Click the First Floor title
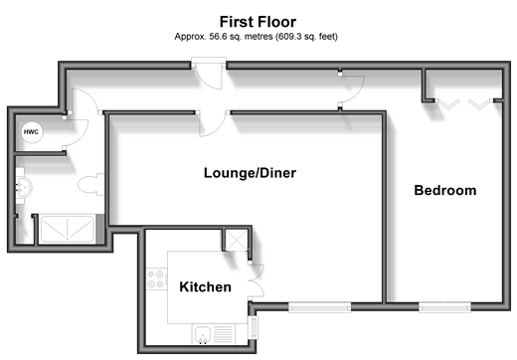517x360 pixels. click(258, 22)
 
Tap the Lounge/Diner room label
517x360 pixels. click(250, 173)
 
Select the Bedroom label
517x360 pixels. click(445, 190)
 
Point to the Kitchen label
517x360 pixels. click(205, 287)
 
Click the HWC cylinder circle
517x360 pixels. click(31, 132)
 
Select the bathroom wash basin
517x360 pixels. click(23, 186)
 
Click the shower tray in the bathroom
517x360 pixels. click(67, 229)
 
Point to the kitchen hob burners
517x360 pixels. click(156, 279)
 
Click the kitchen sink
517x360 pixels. click(203, 334)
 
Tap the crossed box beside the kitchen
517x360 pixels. click(237, 240)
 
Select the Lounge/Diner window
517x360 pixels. click(319, 307)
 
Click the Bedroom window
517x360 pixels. click(444, 307)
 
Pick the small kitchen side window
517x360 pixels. click(254, 327)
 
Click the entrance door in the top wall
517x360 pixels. click(208, 74)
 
